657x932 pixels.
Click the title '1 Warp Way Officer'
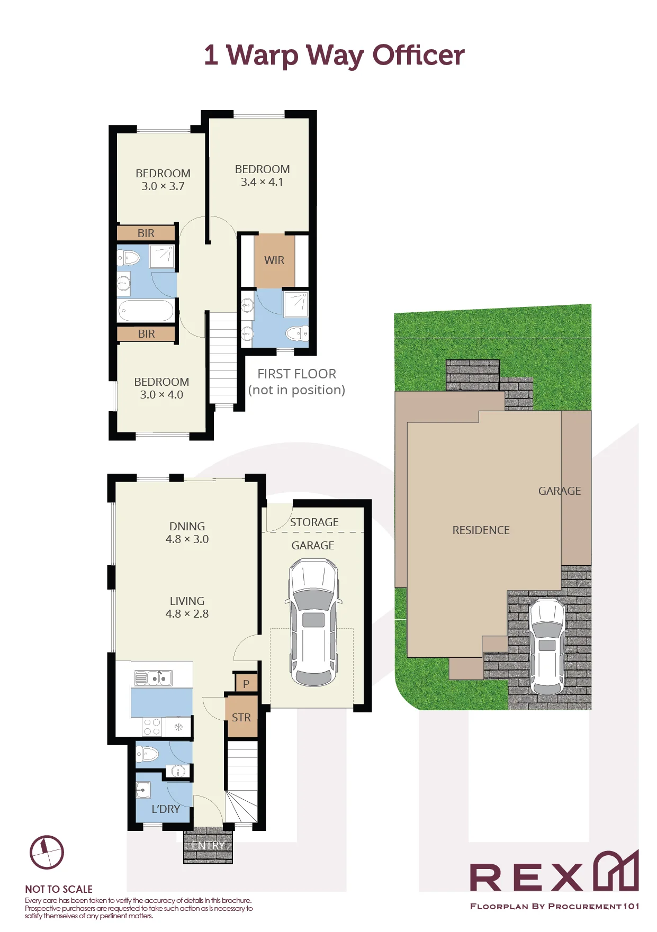coord(334,55)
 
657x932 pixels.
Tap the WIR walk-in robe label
coord(274,260)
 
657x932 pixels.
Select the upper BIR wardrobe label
coord(146,233)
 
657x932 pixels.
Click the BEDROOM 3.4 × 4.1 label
coord(262,176)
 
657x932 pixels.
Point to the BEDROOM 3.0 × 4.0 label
coord(161,388)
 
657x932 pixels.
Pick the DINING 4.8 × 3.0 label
coord(187,533)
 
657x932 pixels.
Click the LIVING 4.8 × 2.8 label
coord(187,608)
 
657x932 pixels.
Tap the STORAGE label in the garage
coord(314,522)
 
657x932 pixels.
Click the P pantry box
coord(246,683)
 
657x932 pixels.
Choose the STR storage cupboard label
coord(241,718)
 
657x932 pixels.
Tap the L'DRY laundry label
coord(166,809)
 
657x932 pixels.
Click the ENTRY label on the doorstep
coord(209,846)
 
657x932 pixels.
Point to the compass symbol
coord(47,853)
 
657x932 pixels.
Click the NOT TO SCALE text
coord(59,890)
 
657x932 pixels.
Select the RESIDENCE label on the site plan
coord(481,530)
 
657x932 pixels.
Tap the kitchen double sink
coord(153,678)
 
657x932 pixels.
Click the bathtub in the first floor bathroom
coord(146,311)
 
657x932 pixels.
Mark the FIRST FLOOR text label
coord(296,374)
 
